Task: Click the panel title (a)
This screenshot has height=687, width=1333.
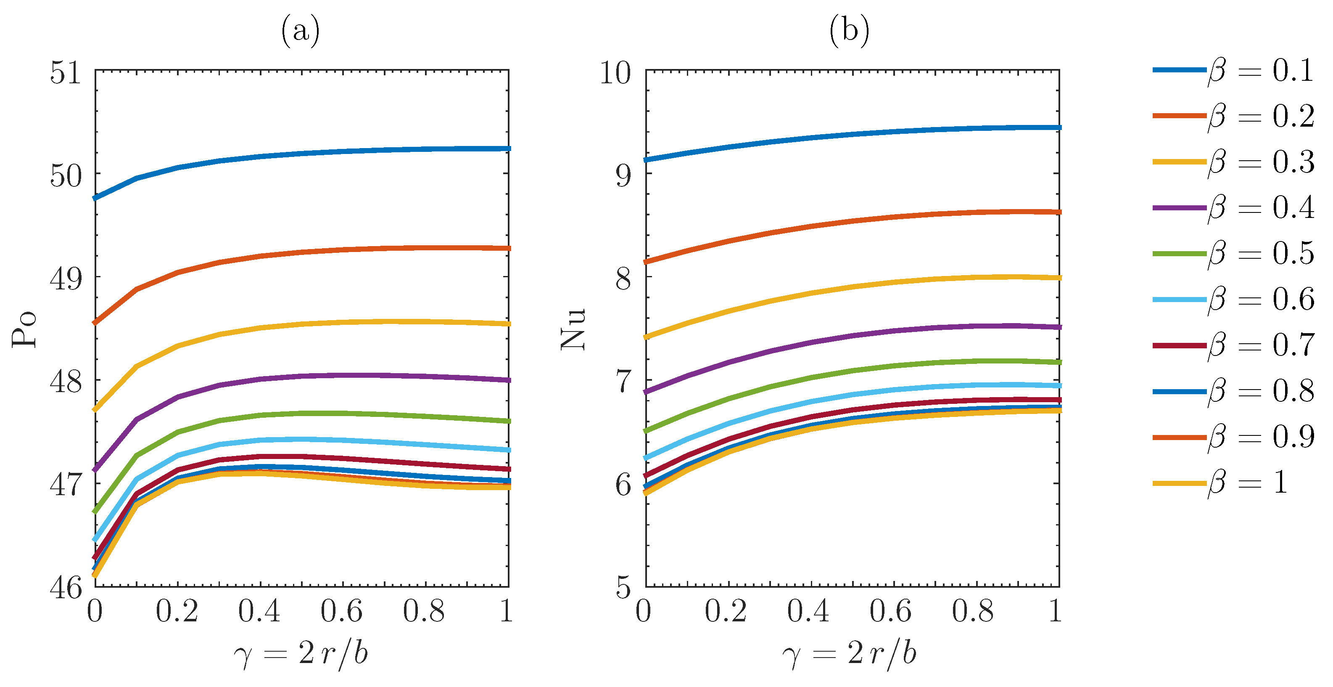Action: [x=300, y=31]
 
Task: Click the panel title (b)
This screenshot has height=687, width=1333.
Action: [x=849, y=31]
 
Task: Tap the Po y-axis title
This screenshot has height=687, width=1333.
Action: [x=24, y=329]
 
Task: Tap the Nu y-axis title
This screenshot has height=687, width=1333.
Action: [x=573, y=329]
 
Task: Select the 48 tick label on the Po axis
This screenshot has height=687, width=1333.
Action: [x=66, y=382]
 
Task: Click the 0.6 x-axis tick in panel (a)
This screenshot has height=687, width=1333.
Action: [x=341, y=612]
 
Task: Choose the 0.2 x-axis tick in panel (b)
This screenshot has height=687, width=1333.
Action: [x=726, y=612]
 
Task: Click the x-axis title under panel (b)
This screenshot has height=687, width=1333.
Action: [x=850, y=654]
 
